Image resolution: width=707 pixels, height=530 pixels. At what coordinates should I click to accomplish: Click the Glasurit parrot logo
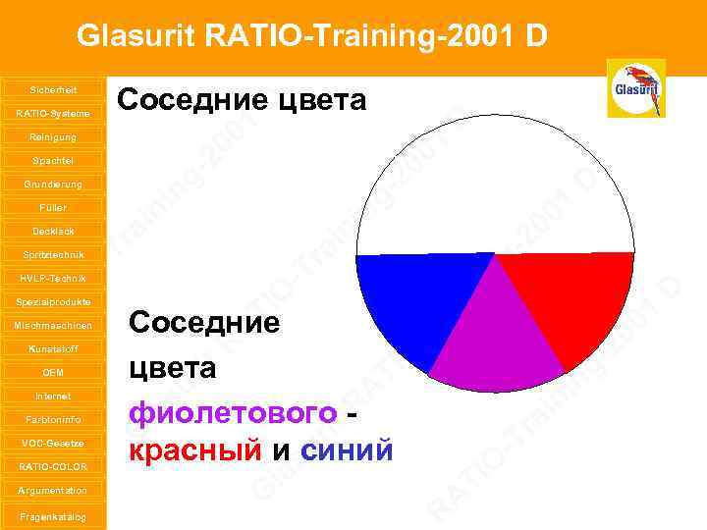point(636,87)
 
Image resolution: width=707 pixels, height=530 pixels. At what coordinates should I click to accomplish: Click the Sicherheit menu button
point(53,89)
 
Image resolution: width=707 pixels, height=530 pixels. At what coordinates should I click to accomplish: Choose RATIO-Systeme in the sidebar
point(53,113)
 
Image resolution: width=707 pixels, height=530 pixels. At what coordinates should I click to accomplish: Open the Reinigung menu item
point(53,136)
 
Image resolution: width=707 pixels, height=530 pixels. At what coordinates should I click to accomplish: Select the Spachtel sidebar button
point(53,160)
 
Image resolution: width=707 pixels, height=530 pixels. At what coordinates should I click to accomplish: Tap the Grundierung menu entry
point(53,184)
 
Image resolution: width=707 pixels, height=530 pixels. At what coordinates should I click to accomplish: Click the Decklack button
point(53,231)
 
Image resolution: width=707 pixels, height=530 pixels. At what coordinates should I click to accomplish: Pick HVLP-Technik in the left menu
point(53,278)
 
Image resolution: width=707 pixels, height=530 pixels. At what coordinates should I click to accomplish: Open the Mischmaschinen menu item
point(53,325)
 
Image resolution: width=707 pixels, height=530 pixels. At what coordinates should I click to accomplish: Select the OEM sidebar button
point(53,372)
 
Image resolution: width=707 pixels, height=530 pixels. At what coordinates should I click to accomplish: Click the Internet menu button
point(53,396)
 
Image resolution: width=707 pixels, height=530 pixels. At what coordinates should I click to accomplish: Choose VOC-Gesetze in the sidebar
point(53,443)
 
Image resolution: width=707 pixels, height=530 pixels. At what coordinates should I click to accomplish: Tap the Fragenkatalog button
point(53,516)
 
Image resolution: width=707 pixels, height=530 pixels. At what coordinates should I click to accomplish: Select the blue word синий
point(348,450)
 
